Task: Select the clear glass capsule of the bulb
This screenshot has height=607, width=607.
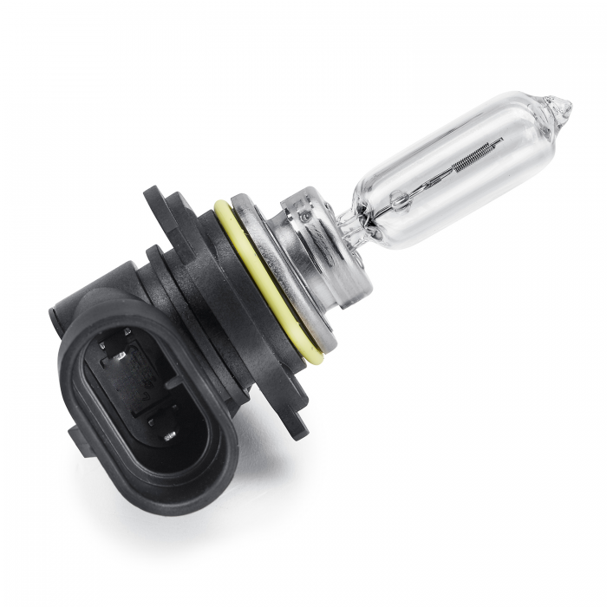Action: (x=460, y=169)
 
